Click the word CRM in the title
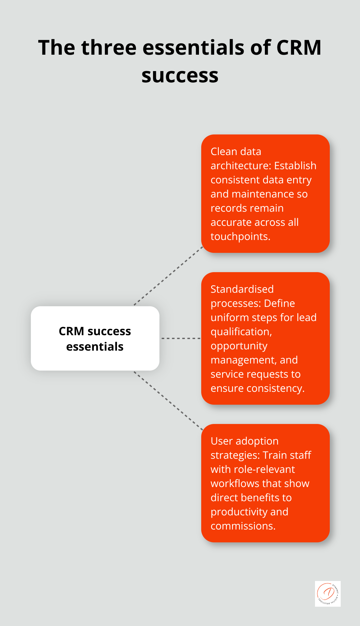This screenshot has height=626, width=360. click(x=299, y=48)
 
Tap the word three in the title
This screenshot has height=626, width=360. click(x=109, y=48)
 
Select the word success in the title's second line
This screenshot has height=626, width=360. click(x=180, y=76)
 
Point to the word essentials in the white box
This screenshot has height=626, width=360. click(x=95, y=347)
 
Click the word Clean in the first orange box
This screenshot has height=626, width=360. click(x=224, y=152)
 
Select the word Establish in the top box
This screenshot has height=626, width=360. click(x=295, y=166)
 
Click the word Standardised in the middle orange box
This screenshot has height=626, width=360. click(x=242, y=289)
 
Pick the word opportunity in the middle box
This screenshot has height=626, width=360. click(x=239, y=346)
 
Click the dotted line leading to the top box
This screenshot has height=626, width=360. click(x=168, y=276)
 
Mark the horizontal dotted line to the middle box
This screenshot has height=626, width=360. click(x=181, y=338)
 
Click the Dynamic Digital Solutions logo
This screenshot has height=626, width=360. click(x=328, y=594)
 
